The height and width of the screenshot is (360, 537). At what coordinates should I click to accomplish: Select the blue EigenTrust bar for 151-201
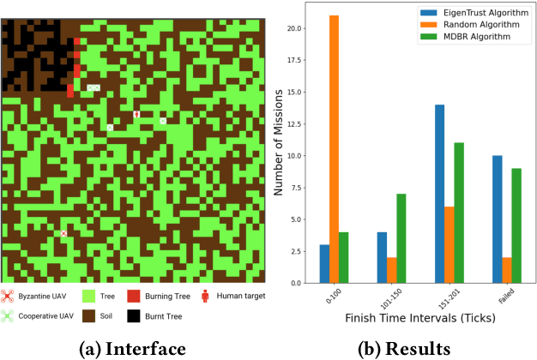coord(439,194)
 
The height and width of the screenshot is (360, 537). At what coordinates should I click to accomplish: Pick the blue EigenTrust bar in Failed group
coord(498,219)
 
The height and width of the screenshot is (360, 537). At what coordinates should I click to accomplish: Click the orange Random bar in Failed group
coord(508,270)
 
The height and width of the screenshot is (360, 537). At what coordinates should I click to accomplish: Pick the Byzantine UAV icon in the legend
coord(10,296)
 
